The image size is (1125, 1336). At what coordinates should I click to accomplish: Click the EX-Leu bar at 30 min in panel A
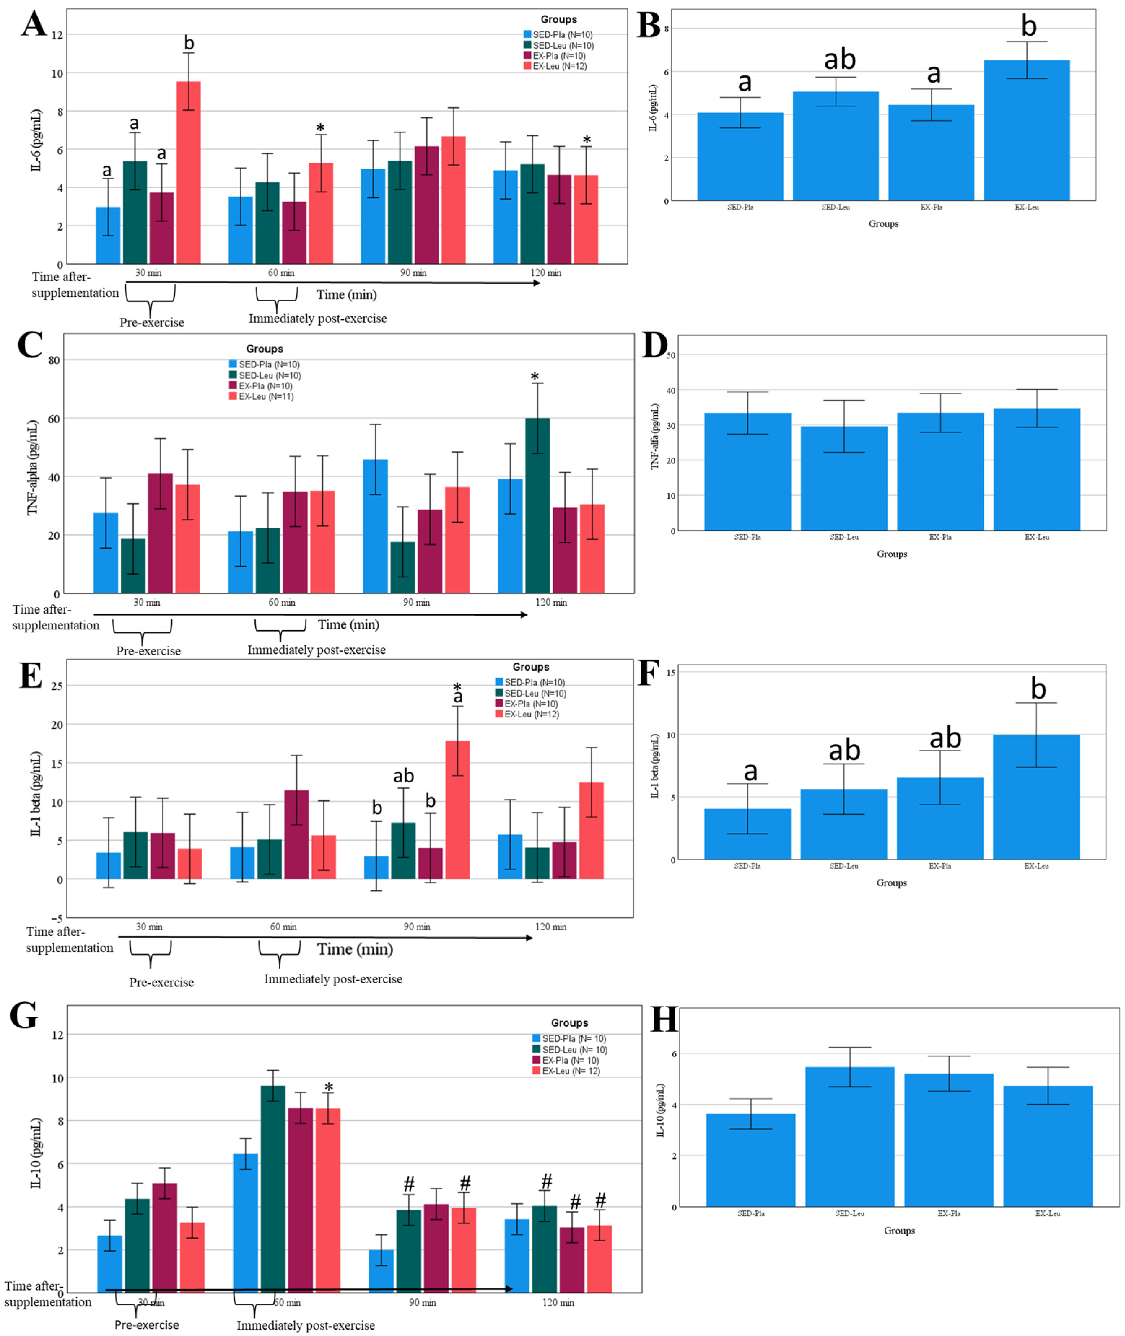point(189,172)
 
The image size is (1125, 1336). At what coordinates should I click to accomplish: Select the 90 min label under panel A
point(413,273)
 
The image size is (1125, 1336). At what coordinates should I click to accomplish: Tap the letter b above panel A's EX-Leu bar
point(189,43)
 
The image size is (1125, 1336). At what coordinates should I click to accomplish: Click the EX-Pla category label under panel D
point(940,537)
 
